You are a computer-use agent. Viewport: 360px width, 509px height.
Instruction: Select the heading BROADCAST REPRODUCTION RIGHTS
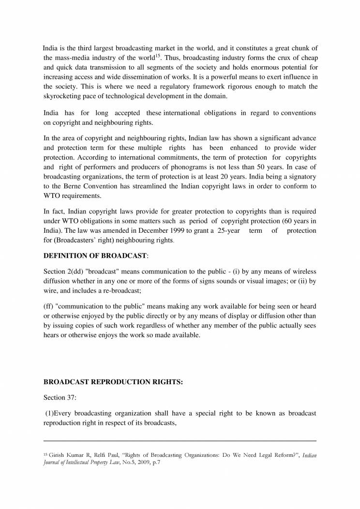(113, 382)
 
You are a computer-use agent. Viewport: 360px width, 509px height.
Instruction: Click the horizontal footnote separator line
(180, 441)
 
